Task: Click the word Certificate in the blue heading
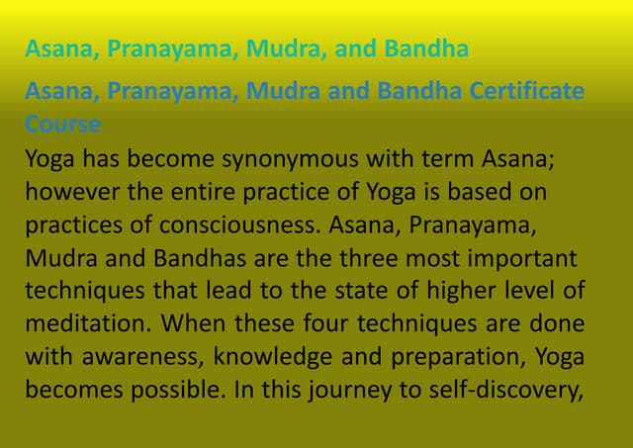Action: coord(527,92)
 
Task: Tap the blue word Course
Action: coord(63,125)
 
